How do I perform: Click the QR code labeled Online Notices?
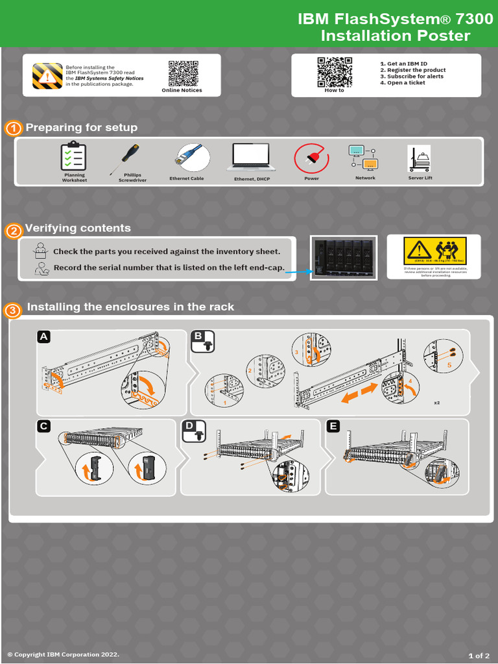pyautogui.click(x=182, y=73)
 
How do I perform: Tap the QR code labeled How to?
pyautogui.click(x=334, y=71)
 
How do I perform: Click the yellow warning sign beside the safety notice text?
pyautogui.click(x=47, y=76)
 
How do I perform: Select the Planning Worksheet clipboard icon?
pyautogui.click(x=73, y=157)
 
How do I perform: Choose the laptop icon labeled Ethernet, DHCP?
pyautogui.click(x=251, y=158)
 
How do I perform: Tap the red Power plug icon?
pyautogui.click(x=311, y=158)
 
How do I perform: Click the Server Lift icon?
pyautogui.click(x=419, y=159)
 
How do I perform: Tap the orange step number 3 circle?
pyautogui.click(x=13, y=311)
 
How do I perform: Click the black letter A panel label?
pyautogui.click(x=43, y=337)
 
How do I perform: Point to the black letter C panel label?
pyautogui.click(x=43, y=426)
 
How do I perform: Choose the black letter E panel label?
pyautogui.click(x=333, y=426)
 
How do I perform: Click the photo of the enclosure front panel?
pyautogui.click(x=344, y=257)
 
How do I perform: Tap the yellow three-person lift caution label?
pyautogui.click(x=434, y=250)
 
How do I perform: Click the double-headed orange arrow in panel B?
pyautogui.click(x=359, y=393)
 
